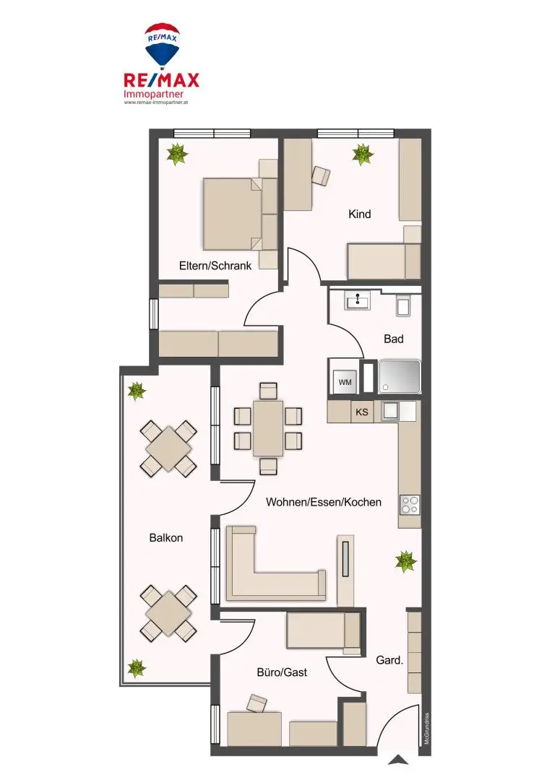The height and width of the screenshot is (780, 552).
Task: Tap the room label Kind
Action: pos(359,214)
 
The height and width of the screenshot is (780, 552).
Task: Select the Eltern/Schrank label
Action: pos(215,266)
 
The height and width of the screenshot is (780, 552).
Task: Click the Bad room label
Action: pos(394,339)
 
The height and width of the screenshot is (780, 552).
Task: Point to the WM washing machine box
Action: pos(345,382)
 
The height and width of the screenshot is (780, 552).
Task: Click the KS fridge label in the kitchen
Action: pos(362,413)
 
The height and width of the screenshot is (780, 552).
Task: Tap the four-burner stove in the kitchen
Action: pos(410,503)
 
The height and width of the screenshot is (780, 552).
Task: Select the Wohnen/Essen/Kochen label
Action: pos(323,502)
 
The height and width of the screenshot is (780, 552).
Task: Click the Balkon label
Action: pos(166,537)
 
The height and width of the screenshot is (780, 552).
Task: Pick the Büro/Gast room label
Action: pos(282,672)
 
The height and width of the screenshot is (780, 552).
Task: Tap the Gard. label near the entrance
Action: pos(389,660)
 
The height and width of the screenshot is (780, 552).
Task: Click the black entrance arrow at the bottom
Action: pos(397,760)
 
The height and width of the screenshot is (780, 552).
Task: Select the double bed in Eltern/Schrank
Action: pos(232,212)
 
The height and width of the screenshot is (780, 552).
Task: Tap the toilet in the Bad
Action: pos(404,304)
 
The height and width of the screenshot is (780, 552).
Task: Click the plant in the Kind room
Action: pos(363,154)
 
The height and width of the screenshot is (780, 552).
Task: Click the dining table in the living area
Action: pos(268,428)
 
